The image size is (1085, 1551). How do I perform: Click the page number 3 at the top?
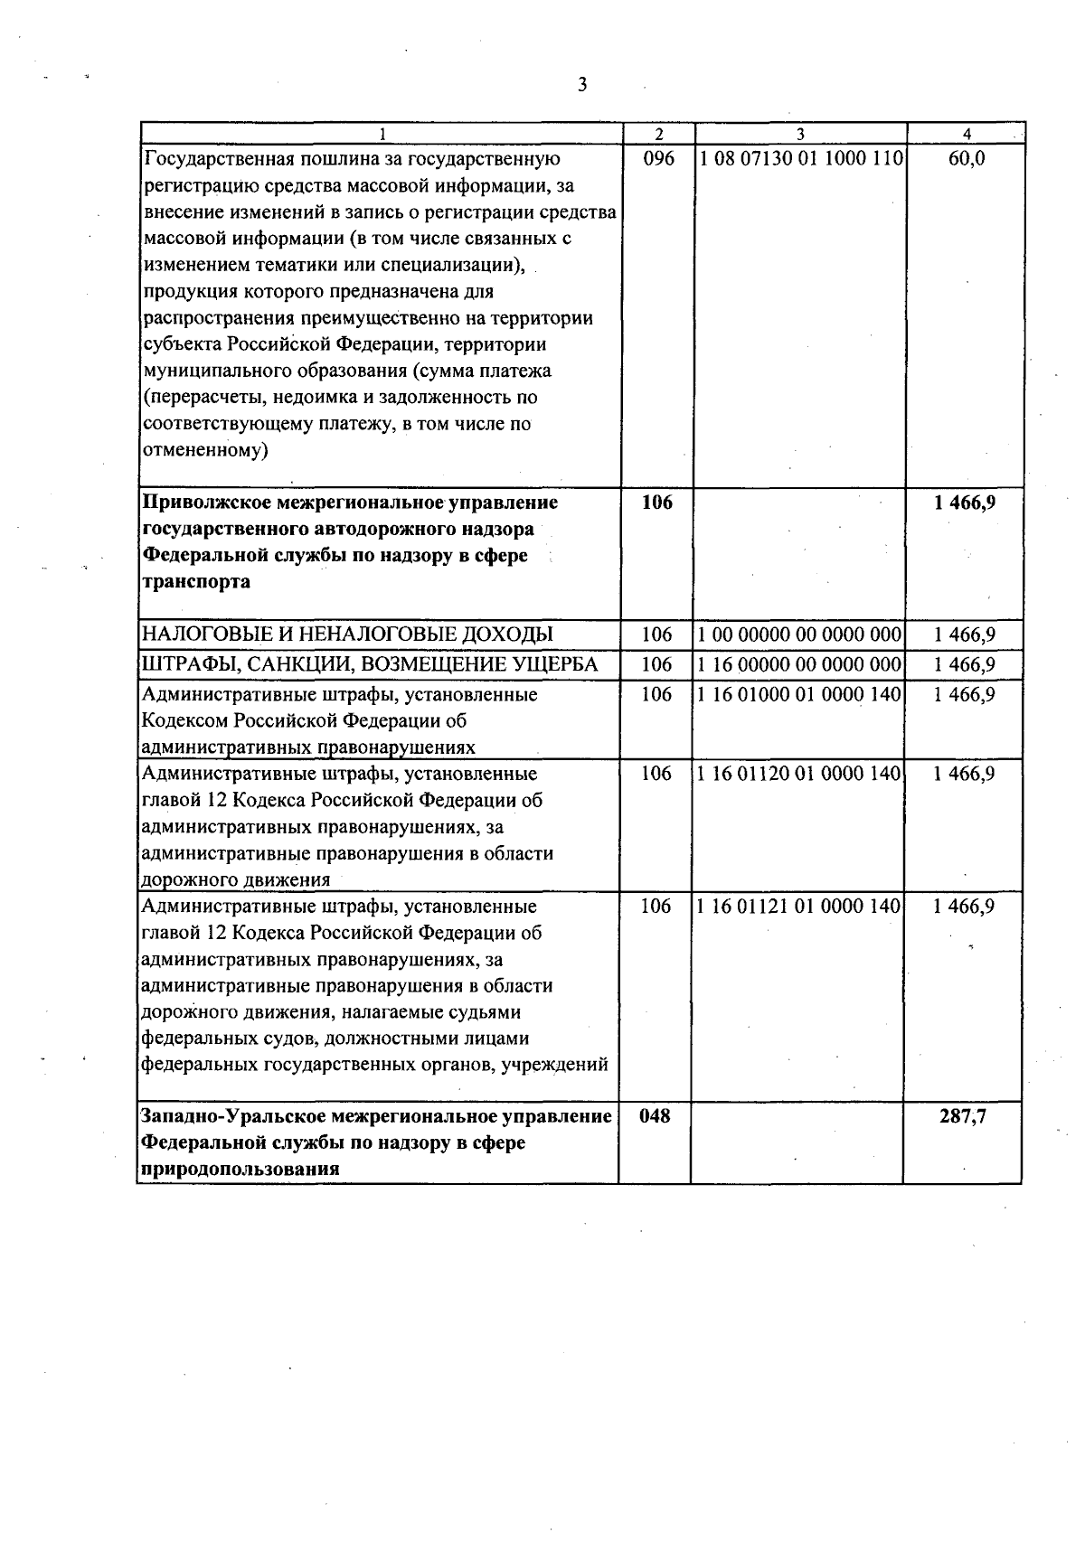point(582,85)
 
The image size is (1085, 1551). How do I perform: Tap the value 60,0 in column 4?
point(967,159)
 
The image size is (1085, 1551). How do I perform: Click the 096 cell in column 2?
point(657,159)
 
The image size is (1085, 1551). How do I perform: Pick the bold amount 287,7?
point(963,1116)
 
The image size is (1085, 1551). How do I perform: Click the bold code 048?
point(656,1116)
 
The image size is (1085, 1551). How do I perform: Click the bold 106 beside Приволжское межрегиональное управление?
point(657,503)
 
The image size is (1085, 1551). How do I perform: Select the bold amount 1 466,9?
point(965,503)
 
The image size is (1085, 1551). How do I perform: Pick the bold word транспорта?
point(197,582)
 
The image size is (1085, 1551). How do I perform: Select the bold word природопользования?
point(240,1169)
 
